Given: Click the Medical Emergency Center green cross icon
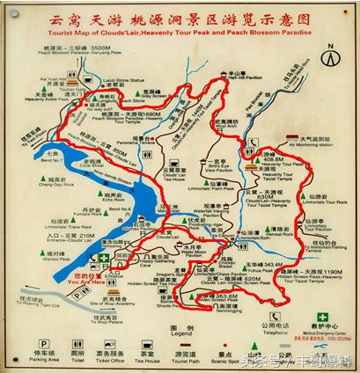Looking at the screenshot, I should [x=324, y=317].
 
